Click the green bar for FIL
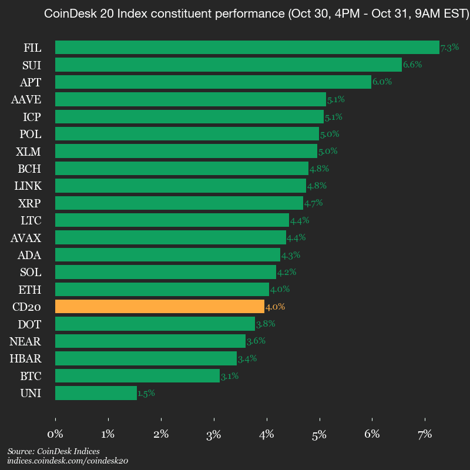[x=247, y=48]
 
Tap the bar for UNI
[x=96, y=393]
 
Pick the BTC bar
[x=137, y=375]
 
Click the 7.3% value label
[x=449, y=48]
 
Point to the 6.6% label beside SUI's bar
[x=412, y=65]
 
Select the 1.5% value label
[x=146, y=394]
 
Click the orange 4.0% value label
[x=275, y=307]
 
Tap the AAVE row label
[x=26, y=99]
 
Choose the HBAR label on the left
[x=25, y=358]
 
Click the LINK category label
[x=28, y=186]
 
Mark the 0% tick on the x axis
[x=55, y=435]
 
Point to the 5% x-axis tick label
[x=320, y=435]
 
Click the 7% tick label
[x=425, y=435]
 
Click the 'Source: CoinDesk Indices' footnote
[x=53, y=451]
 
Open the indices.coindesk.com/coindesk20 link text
[x=68, y=461]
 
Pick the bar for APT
[x=213, y=82]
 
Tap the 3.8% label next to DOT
[x=266, y=324]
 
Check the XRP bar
[x=179, y=203]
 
